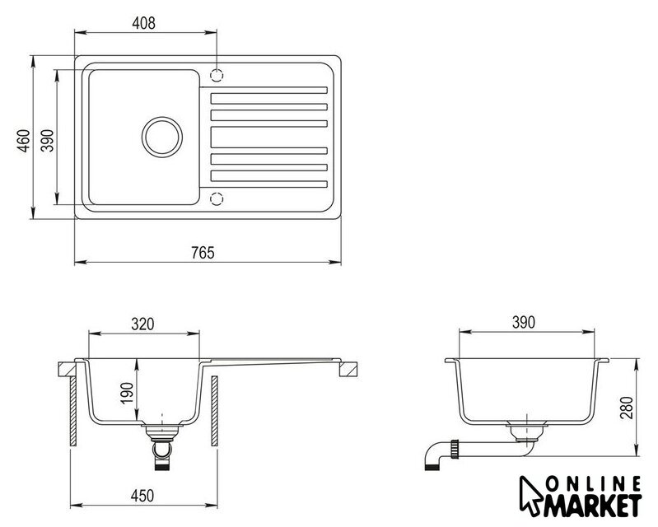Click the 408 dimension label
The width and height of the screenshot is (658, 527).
coord(143,23)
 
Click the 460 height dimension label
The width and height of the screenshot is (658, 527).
coord(24,141)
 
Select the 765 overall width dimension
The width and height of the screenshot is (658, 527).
coord(203,253)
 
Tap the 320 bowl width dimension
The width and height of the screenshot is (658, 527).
coord(142,324)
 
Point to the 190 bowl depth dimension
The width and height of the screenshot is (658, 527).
coord(127,393)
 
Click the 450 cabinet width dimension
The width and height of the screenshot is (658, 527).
coord(142,496)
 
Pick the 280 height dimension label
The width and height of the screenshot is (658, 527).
coord(626,408)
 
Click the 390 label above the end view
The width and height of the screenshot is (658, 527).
coord(523,322)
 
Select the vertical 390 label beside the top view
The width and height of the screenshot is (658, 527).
coord(48,141)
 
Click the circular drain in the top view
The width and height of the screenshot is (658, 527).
coord(162,117)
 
